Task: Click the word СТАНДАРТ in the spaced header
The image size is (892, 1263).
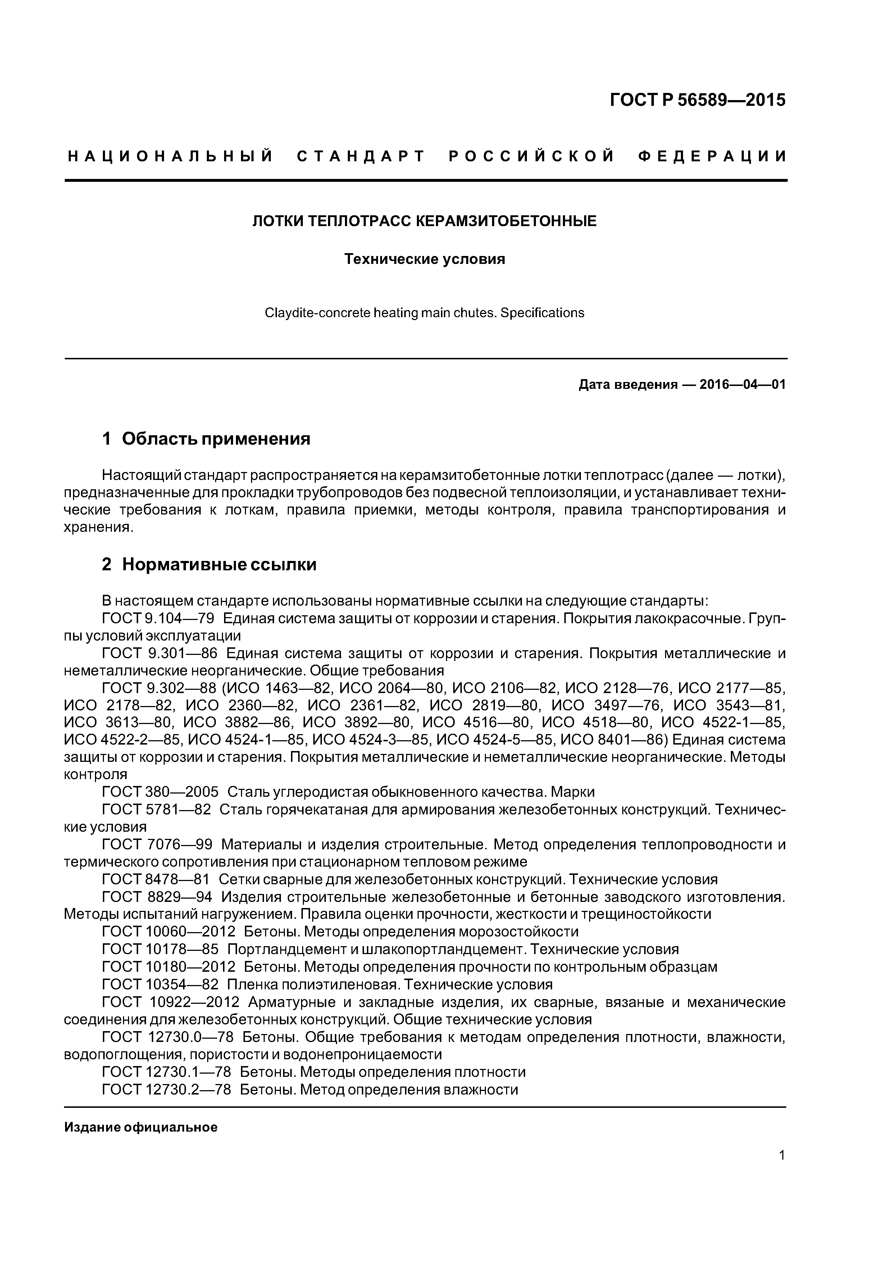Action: point(361,156)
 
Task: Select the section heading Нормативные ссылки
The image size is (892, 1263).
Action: point(219,565)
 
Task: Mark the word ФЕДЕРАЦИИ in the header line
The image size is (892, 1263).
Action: point(712,156)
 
